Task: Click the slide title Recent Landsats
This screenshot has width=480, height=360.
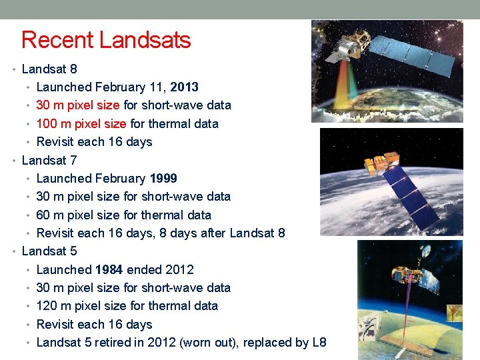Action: [x=106, y=40]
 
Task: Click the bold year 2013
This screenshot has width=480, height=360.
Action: [x=184, y=87]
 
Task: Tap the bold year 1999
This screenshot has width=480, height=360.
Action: [x=163, y=179]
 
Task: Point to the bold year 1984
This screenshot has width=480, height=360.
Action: [x=109, y=270]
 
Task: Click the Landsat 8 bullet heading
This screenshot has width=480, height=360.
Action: [x=49, y=69]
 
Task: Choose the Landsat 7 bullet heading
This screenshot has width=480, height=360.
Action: [x=49, y=161]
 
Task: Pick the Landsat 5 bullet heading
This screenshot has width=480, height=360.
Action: [x=49, y=252]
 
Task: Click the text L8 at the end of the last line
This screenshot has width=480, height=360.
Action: [x=319, y=343]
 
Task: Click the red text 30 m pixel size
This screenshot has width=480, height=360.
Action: [x=77, y=105]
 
